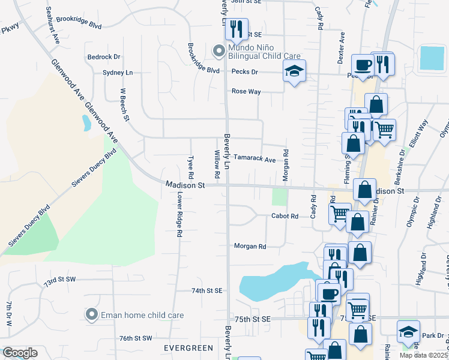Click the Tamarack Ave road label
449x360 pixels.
pos(254,160)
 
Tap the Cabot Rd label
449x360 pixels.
pos(285,215)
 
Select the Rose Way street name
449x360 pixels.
pos(246,92)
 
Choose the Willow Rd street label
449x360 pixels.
pos(217,158)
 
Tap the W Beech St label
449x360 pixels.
pos(125,105)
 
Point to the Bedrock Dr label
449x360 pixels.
pos(104,57)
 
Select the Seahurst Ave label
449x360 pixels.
pos(54,25)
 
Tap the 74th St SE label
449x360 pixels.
pos(207,290)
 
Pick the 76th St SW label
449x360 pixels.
pos(136,338)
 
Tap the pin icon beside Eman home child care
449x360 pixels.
pos(91,314)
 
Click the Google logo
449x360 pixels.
pos(20,353)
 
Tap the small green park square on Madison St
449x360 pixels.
pos(279,196)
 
